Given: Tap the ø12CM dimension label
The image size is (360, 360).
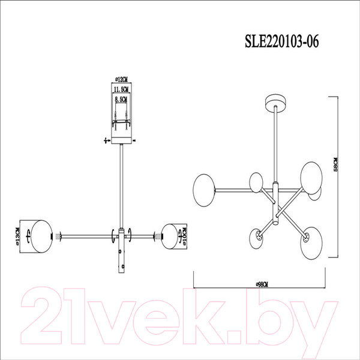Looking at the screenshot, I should (122, 79).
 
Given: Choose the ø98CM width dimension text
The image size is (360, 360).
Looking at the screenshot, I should (261, 283).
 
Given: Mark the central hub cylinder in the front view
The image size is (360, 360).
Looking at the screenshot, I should (122, 252).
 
